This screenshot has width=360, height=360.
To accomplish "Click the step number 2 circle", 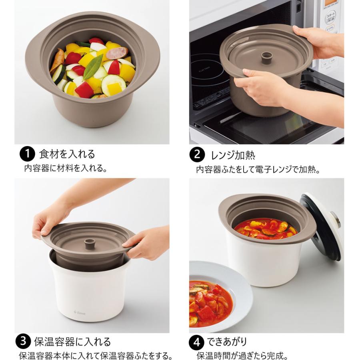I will (197, 154).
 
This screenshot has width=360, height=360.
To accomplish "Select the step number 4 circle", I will (196, 343).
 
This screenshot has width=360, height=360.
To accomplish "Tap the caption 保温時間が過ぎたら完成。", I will (242, 356).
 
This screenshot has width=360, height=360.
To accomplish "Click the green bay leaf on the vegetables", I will (93, 66).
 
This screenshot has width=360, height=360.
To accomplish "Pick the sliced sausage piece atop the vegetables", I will (117, 53).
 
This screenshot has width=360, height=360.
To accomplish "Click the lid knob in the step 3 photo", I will (89, 243).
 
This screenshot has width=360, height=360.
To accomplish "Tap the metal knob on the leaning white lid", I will (335, 219).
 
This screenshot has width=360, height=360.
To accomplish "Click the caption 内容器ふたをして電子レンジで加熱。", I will (258, 170).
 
